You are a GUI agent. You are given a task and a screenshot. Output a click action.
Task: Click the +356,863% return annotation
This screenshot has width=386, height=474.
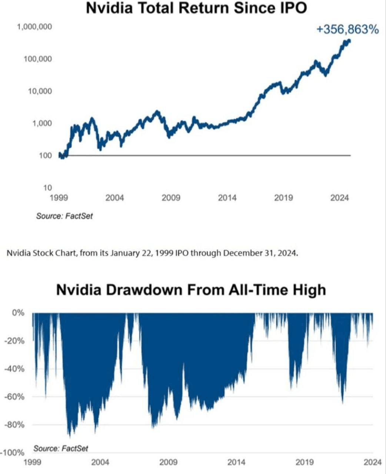tap(347, 30)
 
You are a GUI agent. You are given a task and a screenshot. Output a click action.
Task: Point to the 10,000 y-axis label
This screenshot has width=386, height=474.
tap(40, 91)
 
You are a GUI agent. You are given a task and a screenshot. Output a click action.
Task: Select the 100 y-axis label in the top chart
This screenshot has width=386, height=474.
tap(45, 156)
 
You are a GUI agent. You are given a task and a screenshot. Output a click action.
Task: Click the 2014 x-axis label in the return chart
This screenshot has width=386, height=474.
tap(227, 198)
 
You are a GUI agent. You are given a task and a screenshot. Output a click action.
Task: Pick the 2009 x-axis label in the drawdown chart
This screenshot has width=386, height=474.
tap(168, 462)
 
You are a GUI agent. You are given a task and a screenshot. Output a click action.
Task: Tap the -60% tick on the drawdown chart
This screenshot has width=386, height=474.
tap(14, 397)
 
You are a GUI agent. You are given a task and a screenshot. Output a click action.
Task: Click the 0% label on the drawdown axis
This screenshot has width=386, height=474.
tap(18, 313)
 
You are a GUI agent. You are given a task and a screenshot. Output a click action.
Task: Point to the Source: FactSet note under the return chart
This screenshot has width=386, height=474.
tap(64, 216)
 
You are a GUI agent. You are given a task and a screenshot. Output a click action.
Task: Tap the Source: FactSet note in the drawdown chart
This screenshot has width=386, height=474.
tap(61, 448)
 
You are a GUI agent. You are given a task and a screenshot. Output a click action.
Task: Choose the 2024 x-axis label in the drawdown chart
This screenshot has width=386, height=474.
tap(372, 462)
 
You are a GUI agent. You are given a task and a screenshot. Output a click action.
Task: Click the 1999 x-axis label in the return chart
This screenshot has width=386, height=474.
tap(59, 198)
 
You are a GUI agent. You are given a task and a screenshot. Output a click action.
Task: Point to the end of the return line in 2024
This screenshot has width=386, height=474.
tap(349, 41)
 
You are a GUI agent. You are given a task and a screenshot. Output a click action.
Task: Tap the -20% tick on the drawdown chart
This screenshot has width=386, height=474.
tap(14, 341)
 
